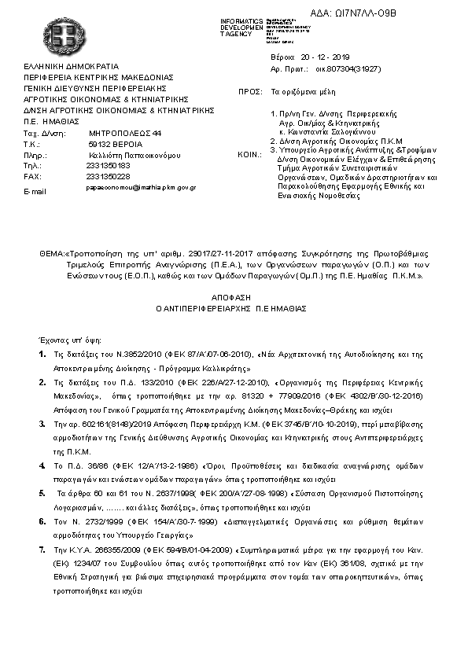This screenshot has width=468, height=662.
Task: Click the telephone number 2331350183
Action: click(x=108, y=167)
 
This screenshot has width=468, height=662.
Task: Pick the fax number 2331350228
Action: click(x=108, y=177)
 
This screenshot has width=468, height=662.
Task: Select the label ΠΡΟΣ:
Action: click(x=249, y=92)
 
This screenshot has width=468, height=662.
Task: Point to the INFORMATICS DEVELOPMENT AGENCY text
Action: click(x=242, y=26)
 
